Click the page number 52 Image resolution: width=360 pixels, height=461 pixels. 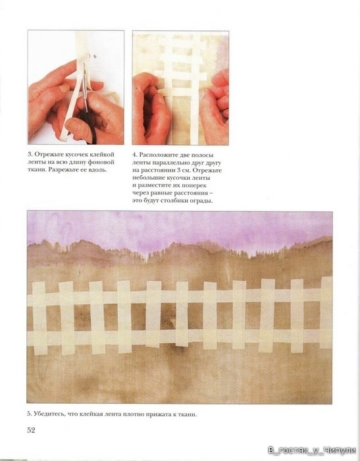(x=31, y=430)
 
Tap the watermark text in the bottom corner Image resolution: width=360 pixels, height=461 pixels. (x=312, y=450)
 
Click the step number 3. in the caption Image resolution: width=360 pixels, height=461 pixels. (x=30, y=155)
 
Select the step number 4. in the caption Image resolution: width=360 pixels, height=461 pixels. (x=135, y=155)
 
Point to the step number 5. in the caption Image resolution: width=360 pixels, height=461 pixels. (x=29, y=414)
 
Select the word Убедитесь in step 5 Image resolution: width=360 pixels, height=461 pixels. (x=49, y=414)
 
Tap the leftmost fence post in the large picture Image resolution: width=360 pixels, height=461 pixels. (x=39, y=317)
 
